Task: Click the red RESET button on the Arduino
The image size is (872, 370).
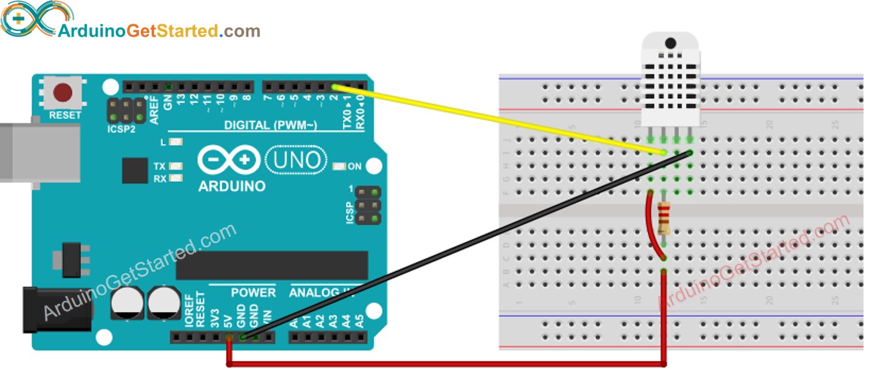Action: pos(63,93)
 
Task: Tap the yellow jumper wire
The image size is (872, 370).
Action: pos(498,119)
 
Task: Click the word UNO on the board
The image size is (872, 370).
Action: pos(296,160)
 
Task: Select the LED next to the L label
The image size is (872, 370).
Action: pos(177,143)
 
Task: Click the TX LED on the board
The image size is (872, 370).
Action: pos(177,166)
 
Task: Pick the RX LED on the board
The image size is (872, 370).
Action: pos(177,178)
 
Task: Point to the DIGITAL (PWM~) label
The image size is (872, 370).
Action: pos(271,125)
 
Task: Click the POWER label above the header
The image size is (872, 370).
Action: pos(253,293)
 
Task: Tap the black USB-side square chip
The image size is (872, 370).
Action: pos(135,171)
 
